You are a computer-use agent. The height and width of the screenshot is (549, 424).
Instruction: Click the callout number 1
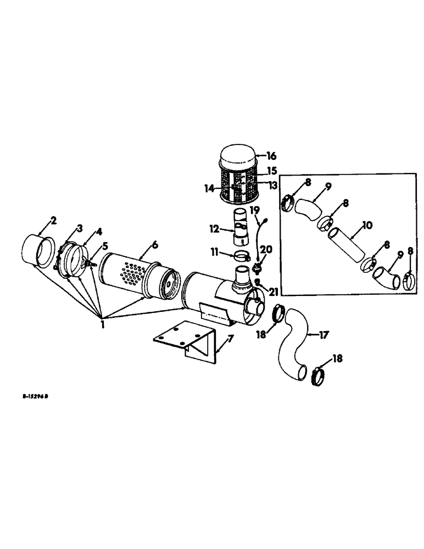pyautogui.click(x=103, y=324)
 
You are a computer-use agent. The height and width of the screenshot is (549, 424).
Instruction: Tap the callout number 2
pyautogui.click(x=53, y=221)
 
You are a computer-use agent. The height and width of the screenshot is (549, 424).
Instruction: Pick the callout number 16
pyautogui.click(x=271, y=155)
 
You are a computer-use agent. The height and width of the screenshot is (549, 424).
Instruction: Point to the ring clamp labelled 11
pyautogui.click(x=240, y=255)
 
